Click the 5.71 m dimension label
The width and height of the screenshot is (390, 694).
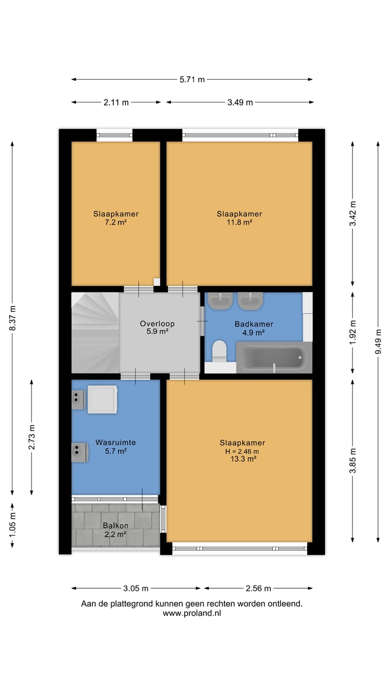(192, 80)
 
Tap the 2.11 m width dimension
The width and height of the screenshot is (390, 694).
(116, 102)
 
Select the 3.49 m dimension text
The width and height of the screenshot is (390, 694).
(240, 102)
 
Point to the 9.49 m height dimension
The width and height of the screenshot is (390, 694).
(378, 342)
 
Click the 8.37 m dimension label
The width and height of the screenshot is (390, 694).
(12, 318)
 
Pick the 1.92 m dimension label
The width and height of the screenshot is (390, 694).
(353, 332)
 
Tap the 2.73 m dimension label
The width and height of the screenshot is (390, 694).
(31, 437)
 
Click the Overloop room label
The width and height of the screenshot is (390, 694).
(157, 324)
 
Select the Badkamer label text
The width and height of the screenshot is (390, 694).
(254, 324)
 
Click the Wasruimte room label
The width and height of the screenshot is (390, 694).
(115, 442)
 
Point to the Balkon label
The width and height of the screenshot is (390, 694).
(115, 525)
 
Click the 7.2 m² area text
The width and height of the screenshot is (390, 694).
(116, 222)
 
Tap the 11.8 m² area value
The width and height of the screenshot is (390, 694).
(239, 222)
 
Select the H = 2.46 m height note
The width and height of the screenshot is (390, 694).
(242, 452)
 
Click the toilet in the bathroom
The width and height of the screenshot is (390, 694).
(220, 351)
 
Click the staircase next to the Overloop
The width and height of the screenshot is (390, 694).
(95, 333)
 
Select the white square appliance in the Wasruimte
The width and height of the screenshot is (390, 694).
(102, 400)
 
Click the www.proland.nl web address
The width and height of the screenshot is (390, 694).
(192, 613)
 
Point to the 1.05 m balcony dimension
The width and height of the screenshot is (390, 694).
(12, 525)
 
